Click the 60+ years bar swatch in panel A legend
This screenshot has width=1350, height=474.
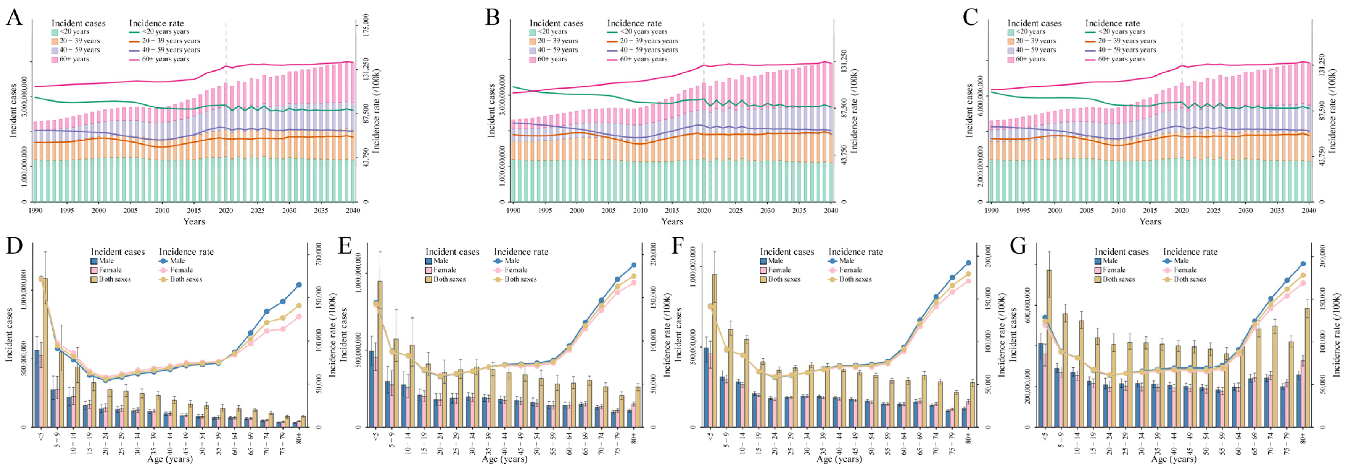point(55,59)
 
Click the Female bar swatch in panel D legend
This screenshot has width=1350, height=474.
point(94,270)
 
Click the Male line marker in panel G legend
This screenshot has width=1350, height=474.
point(1166,261)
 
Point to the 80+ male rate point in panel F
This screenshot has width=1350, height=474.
point(968,263)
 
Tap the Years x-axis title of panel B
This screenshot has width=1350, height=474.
point(672,221)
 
